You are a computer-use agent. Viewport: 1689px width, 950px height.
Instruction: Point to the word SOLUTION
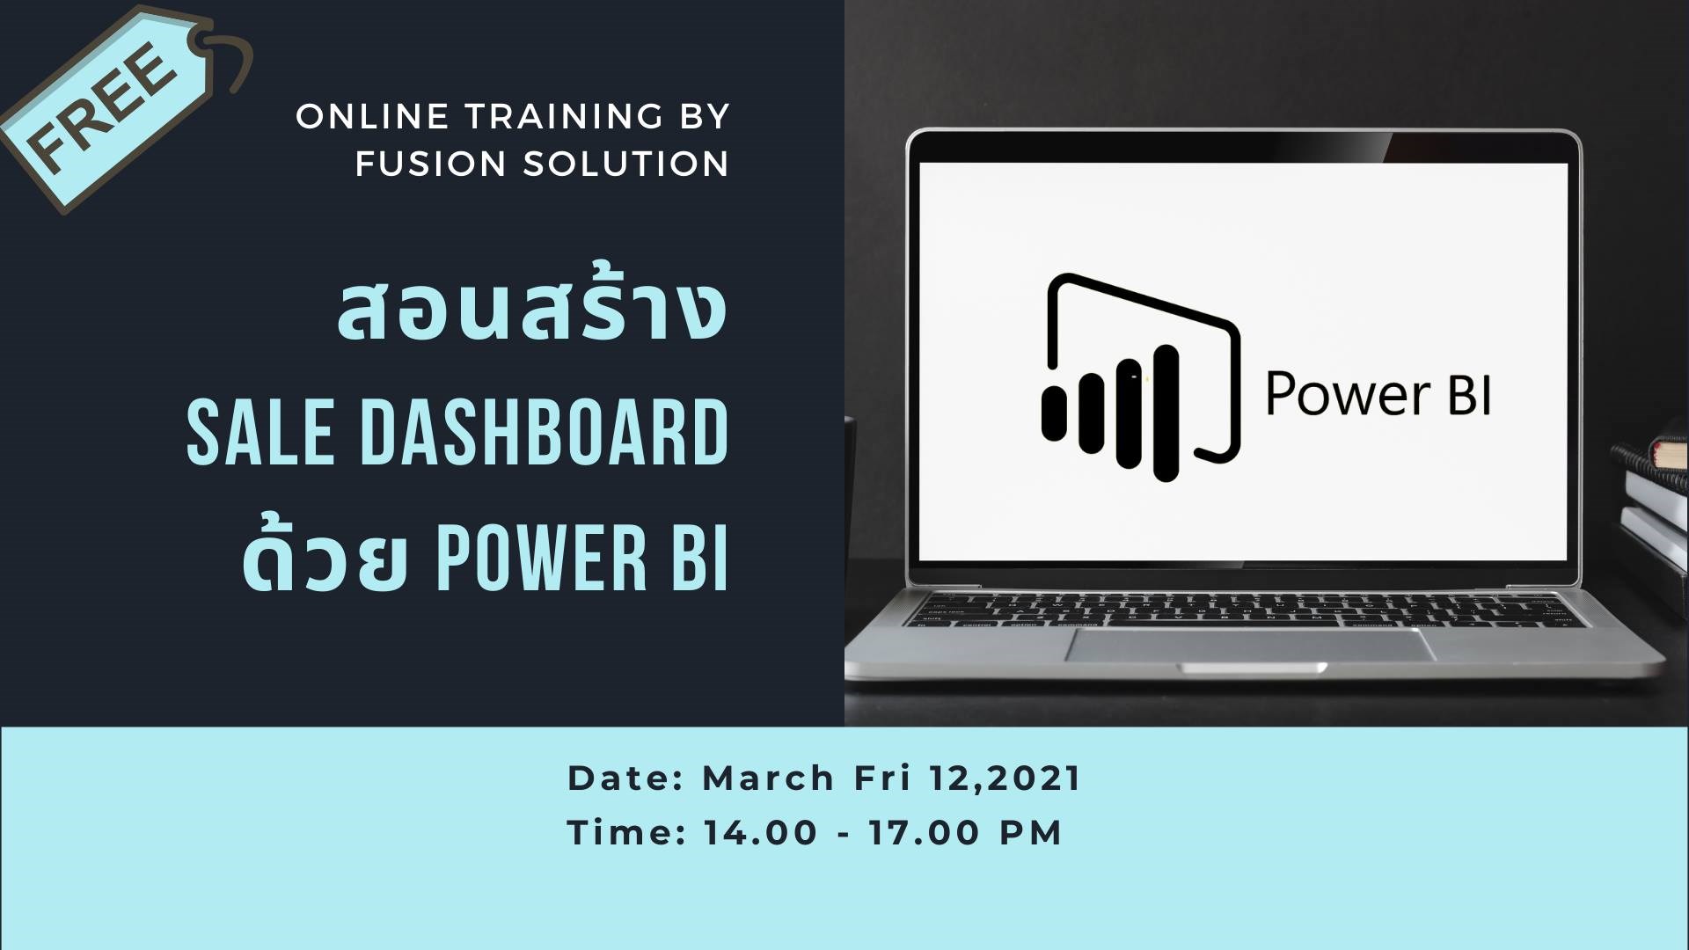[626, 164]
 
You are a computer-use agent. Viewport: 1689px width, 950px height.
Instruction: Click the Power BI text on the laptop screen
[1378, 394]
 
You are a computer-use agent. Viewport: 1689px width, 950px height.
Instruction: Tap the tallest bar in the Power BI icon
[1166, 413]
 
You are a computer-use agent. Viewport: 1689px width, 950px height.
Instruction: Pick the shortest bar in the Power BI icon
[1053, 412]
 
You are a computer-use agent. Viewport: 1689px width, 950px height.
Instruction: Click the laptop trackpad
[1252, 645]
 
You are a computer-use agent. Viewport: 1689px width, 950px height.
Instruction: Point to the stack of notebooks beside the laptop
[1656, 493]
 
